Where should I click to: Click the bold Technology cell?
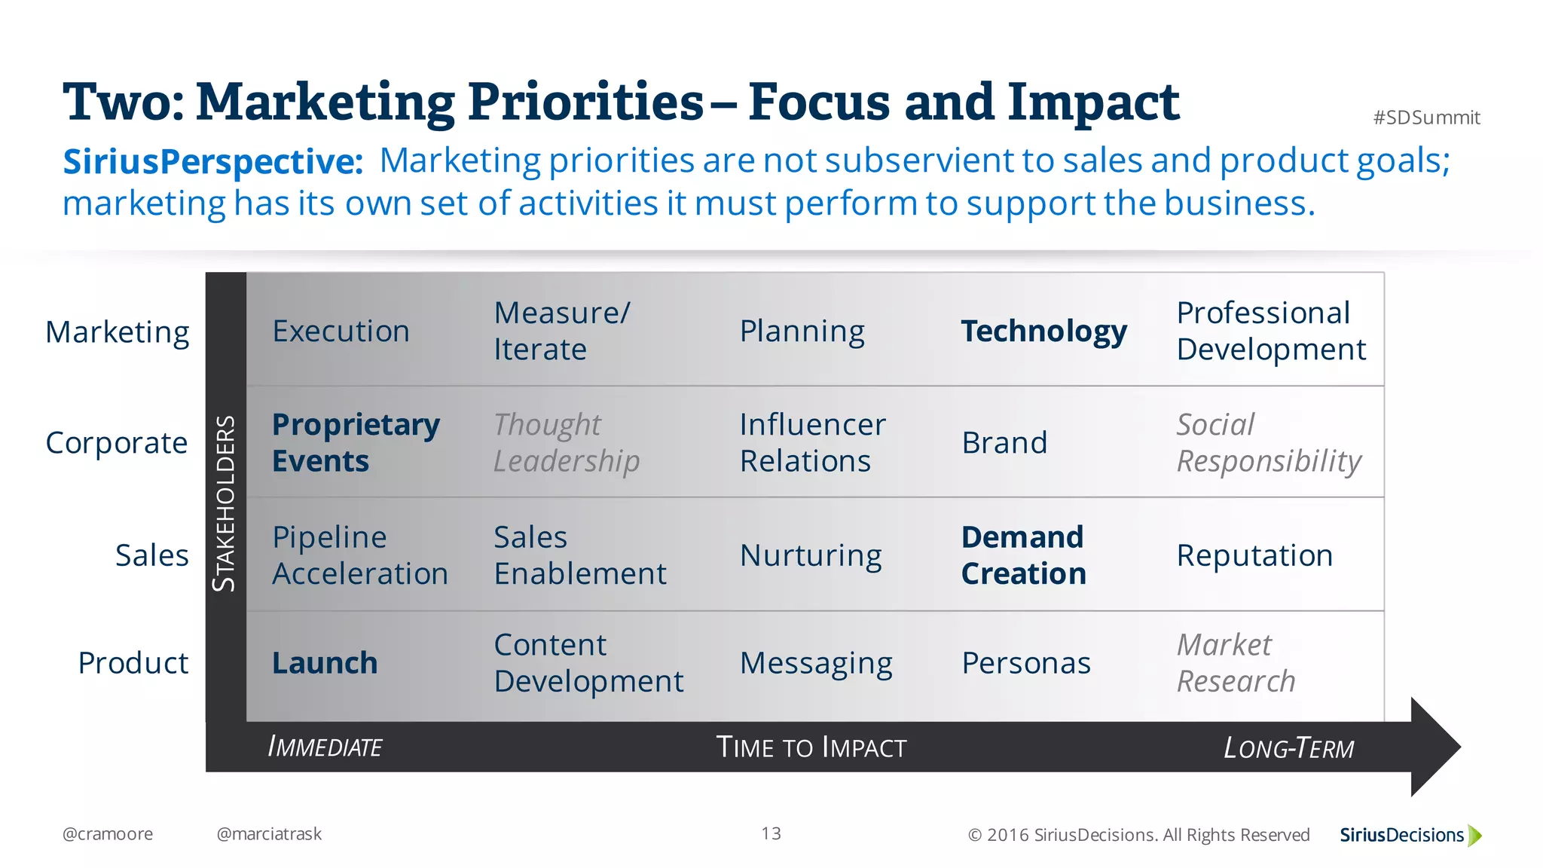1043,332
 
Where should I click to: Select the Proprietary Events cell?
356,442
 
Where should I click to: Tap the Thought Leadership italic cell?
567,442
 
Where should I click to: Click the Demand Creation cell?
1023,555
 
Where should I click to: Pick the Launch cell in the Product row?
325,663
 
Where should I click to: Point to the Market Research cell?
1236,663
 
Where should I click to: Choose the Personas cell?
1026,663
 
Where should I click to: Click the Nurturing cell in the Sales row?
811,556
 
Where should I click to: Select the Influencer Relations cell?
812,442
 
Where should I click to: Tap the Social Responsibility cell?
1269,442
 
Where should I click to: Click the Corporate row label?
117,443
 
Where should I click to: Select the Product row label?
133,663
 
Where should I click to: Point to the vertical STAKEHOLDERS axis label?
225,503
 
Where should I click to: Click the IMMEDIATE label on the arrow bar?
325,747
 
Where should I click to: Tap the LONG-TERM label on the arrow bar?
1288,748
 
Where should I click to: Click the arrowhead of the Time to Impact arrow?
1435,747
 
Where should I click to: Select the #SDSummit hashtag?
1426,118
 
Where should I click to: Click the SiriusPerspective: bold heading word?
213,161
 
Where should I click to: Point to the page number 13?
771,833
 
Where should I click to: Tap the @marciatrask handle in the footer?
269,834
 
